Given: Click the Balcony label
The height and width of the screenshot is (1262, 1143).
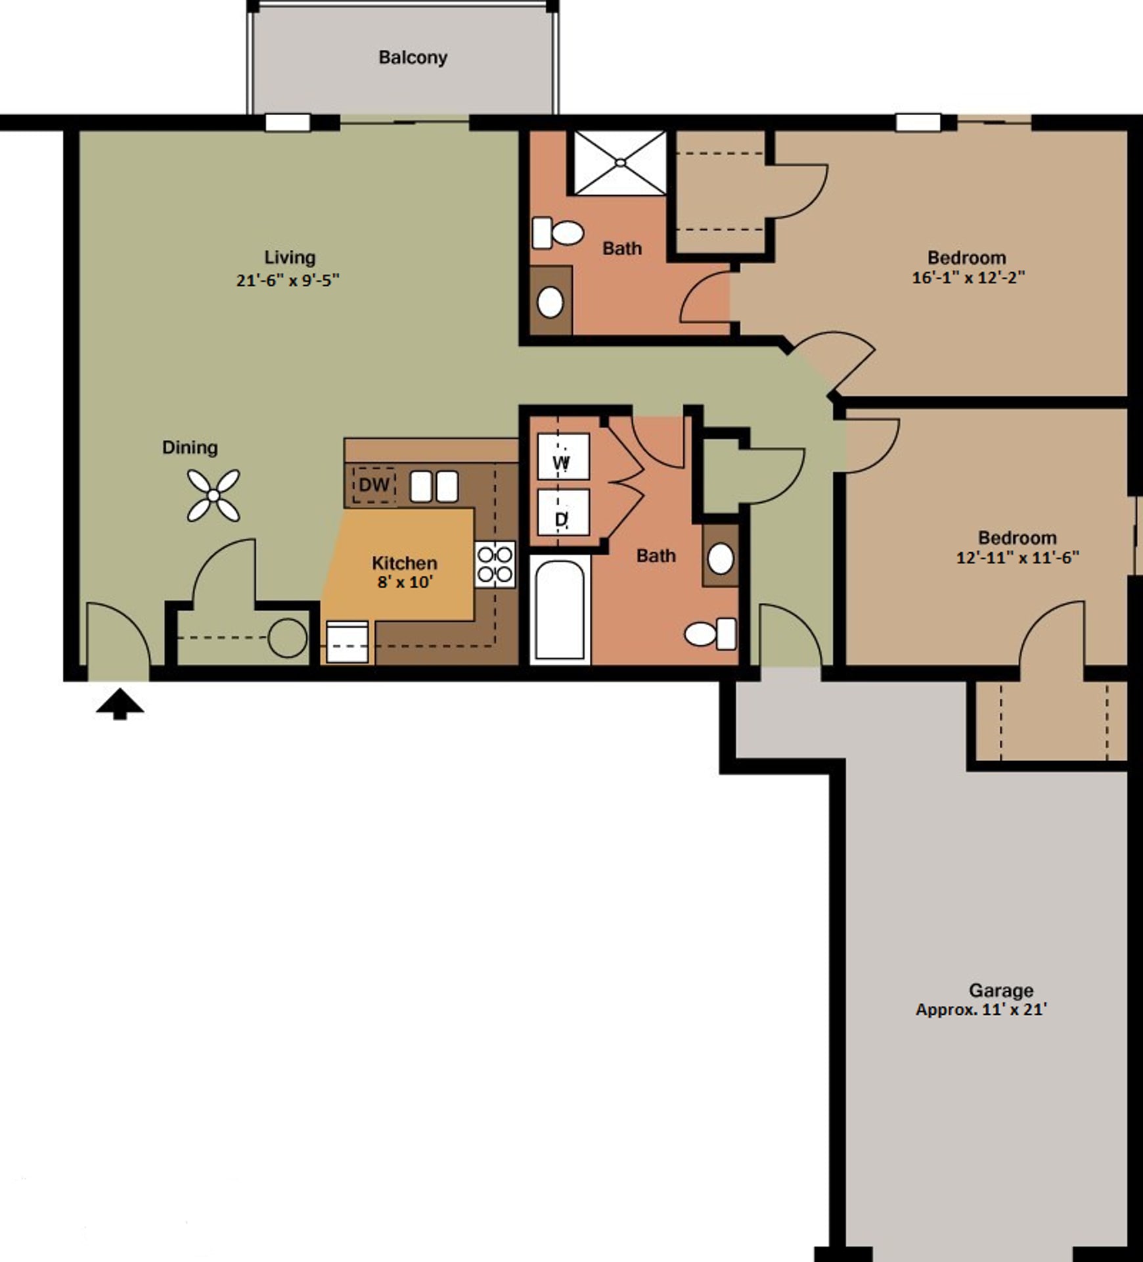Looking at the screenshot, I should (x=413, y=58).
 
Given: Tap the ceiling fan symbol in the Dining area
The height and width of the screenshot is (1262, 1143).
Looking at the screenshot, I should (x=213, y=495).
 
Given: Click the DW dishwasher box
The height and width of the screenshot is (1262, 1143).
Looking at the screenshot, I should (x=374, y=485).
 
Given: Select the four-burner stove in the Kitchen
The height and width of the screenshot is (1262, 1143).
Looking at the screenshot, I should (x=495, y=565).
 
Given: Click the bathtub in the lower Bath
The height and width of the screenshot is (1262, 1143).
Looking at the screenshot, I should (x=560, y=609).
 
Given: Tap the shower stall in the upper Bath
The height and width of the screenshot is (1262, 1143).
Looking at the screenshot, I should (x=620, y=162).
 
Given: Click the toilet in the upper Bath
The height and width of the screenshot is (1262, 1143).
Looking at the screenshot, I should (x=558, y=233).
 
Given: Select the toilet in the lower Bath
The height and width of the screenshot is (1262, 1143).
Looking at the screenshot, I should (x=710, y=634).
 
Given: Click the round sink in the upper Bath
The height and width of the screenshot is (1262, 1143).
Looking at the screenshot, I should (x=550, y=302).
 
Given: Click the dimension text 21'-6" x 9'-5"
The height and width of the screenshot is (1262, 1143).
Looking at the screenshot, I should (x=288, y=281).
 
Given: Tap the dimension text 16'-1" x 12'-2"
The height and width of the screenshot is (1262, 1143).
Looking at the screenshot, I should (x=968, y=277).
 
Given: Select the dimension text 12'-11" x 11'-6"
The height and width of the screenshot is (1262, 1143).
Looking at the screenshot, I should (x=1017, y=558).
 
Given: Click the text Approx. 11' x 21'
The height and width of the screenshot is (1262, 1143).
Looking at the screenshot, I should (x=981, y=1010).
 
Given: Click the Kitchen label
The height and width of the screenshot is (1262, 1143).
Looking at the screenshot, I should (x=404, y=563).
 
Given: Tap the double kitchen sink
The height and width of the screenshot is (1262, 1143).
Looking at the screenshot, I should (x=434, y=487).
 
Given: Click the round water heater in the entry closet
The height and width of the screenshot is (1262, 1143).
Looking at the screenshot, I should (x=288, y=638).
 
